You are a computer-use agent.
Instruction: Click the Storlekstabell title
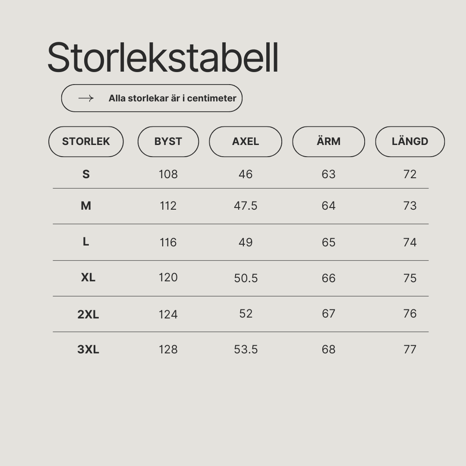click(x=163, y=57)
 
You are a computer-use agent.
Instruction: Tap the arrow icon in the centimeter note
click(x=86, y=98)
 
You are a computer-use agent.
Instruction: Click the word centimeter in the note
click(x=211, y=98)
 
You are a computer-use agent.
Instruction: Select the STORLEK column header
click(x=86, y=142)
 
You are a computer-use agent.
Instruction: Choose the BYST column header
click(x=168, y=142)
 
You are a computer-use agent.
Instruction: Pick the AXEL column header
click(x=246, y=142)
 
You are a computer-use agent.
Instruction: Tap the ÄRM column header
click(x=328, y=142)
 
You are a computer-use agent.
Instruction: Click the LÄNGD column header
click(x=410, y=142)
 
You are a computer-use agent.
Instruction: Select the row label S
click(x=86, y=174)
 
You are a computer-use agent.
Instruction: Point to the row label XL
click(x=88, y=277)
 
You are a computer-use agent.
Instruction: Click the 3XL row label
click(x=88, y=349)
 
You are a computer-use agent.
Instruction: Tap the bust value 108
click(x=168, y=174)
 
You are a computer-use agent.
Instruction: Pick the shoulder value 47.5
click(x=246, y=206)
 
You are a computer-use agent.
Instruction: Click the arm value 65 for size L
click(x=328, y=242)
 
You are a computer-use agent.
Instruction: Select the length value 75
click(x=410, y=278)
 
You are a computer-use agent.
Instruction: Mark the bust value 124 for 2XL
click(x=168, y=315)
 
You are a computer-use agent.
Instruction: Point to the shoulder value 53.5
click(x=246, y=349)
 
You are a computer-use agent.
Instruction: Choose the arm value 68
click(x=328, y=349)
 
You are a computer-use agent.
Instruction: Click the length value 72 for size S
click(x=410, y=174)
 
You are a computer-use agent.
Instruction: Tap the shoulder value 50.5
click(x=246, y=278)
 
